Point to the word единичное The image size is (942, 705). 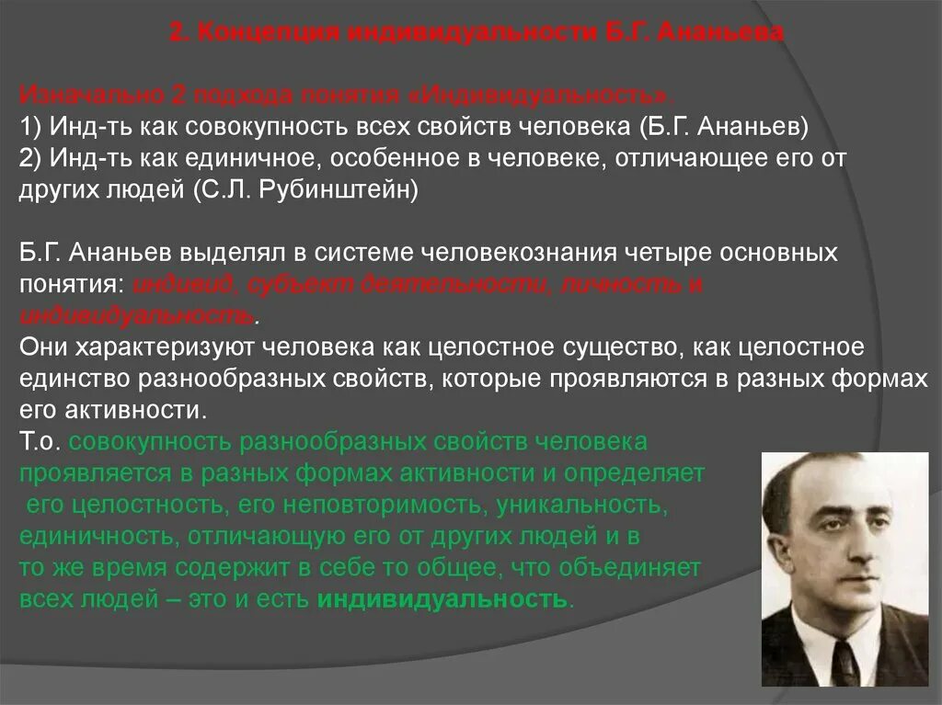[x=223, y=158]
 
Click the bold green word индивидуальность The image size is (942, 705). [x=442, y=599]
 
